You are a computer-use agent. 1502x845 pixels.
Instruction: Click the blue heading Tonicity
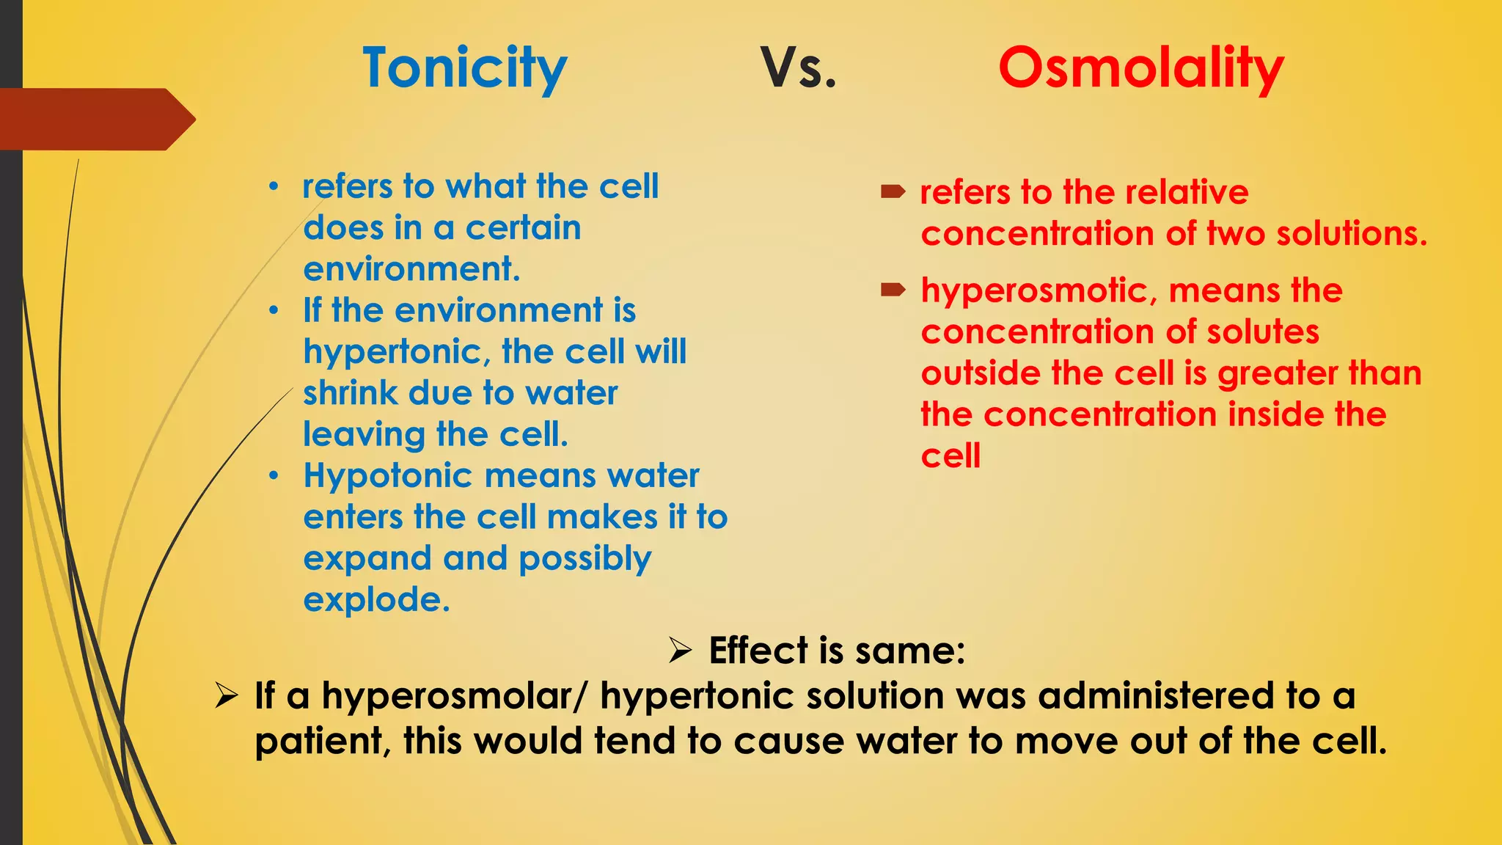coord(465,68)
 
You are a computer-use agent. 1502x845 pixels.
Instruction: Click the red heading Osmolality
coord(1140,68)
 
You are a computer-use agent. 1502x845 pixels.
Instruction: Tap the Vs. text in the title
coord(798,68)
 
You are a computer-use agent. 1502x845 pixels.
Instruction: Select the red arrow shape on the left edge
coord(95,120)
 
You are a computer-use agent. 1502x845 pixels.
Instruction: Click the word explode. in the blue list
coord(376,600)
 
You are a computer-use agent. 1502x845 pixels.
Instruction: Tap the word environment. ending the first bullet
coord(411,269)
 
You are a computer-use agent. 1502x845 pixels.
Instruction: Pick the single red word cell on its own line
coord(950,456)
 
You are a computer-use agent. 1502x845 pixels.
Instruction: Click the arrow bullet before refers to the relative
coord(893,192)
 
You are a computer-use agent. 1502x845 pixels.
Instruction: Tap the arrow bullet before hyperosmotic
coord(893,290)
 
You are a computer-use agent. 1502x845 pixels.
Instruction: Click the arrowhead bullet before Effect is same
coord(680,650)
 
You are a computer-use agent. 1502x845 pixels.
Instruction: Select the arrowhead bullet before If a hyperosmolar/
coord(226,695)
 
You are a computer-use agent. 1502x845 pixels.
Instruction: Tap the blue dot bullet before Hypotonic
coord(274,477)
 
